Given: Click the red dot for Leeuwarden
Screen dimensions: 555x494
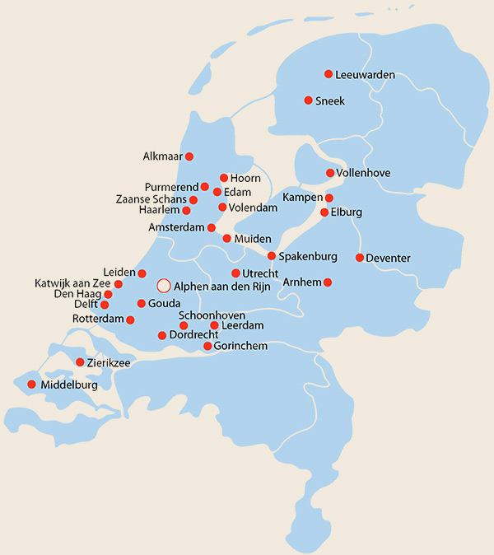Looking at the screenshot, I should [x=329, y=74].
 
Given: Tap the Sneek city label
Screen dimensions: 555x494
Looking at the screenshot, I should [x=330, y=100].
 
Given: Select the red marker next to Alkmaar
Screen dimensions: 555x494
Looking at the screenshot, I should [x=189, y=156].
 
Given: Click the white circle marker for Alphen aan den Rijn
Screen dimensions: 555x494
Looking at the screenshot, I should [x=163, y=286].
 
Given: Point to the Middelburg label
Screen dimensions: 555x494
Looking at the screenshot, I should [x=69, y=385].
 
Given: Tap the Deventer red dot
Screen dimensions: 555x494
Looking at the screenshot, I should [x=360, y=258].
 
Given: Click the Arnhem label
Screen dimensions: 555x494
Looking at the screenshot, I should [x=301, y=282].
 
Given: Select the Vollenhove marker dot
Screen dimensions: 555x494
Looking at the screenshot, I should [x=330, y=173].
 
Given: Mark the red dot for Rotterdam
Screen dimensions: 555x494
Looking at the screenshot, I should [x=130, y=319].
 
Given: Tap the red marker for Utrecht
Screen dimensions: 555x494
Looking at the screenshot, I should [x=235, y=273].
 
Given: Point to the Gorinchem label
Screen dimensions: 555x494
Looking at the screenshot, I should [x=240, y=346].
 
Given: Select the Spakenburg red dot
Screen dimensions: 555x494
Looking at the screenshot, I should [x=272, y=256].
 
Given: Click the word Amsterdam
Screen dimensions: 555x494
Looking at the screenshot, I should [x=176, y=227].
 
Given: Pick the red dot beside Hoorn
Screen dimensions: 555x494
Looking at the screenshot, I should [x=223, y=178].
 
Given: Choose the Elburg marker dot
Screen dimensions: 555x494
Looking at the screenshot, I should [x=324, y=212].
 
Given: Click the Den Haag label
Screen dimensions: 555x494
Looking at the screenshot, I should [x=78, y=294].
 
